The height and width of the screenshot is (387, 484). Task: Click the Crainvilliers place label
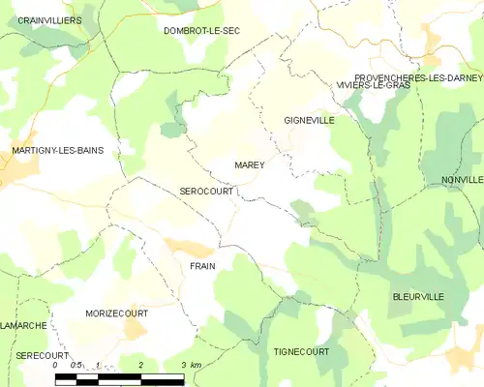click(49, 19)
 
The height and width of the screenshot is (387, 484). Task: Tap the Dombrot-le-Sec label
click(201, 31)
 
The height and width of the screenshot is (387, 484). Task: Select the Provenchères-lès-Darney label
click(419, 76)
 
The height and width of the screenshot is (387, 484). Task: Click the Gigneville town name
click(309, 121)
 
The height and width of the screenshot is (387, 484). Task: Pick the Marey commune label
click(250, 165)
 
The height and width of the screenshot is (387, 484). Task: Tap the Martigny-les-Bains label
click(57, 150)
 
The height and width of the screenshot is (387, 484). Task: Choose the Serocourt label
click(206, 192)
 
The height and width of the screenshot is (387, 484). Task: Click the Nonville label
click(461, 180)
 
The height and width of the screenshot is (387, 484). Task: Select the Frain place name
click(202, 266)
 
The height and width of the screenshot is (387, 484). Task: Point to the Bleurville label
click(418, 296)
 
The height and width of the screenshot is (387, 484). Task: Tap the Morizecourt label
click(116, 315)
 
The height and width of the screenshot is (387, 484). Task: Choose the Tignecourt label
click(301, 351)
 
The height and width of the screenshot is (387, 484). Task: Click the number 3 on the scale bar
click(184, 365)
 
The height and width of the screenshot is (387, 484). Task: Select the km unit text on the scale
click(196, 365)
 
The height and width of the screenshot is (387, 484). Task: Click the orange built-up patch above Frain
click(186, 248)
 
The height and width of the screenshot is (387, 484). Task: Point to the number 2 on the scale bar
click(141, 365)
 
